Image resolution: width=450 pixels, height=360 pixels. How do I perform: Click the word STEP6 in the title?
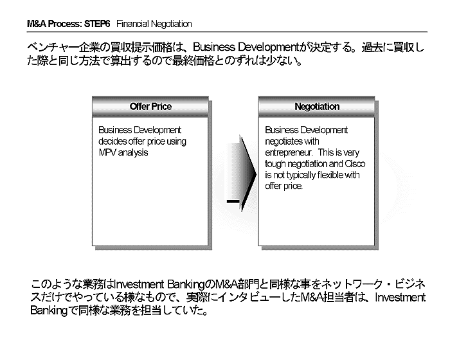pyautogui.click(x=96, y=24)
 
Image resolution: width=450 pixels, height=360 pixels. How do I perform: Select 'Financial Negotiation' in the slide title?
pyautogui.click(x=154, y=24)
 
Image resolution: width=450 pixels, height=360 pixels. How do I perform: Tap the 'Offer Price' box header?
pyautogui.click(x=150, y=107)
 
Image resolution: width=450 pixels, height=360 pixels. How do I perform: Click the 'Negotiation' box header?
pyautogui.click(x=317, y=107)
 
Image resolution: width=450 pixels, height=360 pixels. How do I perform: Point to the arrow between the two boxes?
pyautogui.click(x=241, y=174)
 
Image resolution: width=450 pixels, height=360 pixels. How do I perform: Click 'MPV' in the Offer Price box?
pyautogui.click(x=107, y=152)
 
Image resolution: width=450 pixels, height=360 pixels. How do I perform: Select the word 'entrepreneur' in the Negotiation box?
pyautogui.click(x=289, y=153)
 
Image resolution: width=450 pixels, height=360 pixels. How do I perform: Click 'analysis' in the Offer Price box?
pyautogui.click(x=133, y=153)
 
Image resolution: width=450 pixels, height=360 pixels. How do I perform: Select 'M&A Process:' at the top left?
pyautogui.click(x=54, y=24)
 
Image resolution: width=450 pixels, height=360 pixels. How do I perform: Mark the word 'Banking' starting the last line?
pyautogui.click(x=49, y=310)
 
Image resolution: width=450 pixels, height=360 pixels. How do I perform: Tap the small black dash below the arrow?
pyautogui.click(x=233, y=201)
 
